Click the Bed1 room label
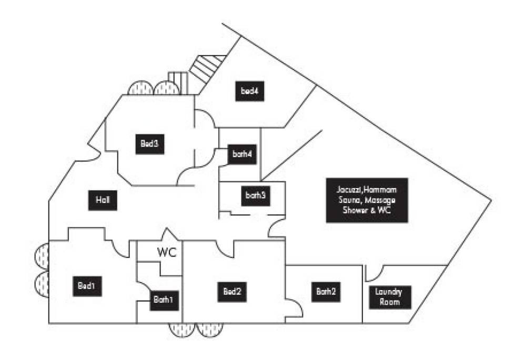tap(87, 287)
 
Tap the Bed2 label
tap(232, 291)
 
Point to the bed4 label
tap(249, 91)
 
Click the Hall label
tap(103, 200)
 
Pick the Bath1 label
tap(163, 301)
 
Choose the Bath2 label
tap(326, 291)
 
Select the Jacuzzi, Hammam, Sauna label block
tap(367, 200)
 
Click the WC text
tap(167, 252)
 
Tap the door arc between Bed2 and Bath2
tap(295, 308)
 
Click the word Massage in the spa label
tap(381, 200)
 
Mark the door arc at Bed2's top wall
tap(225, 249)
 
